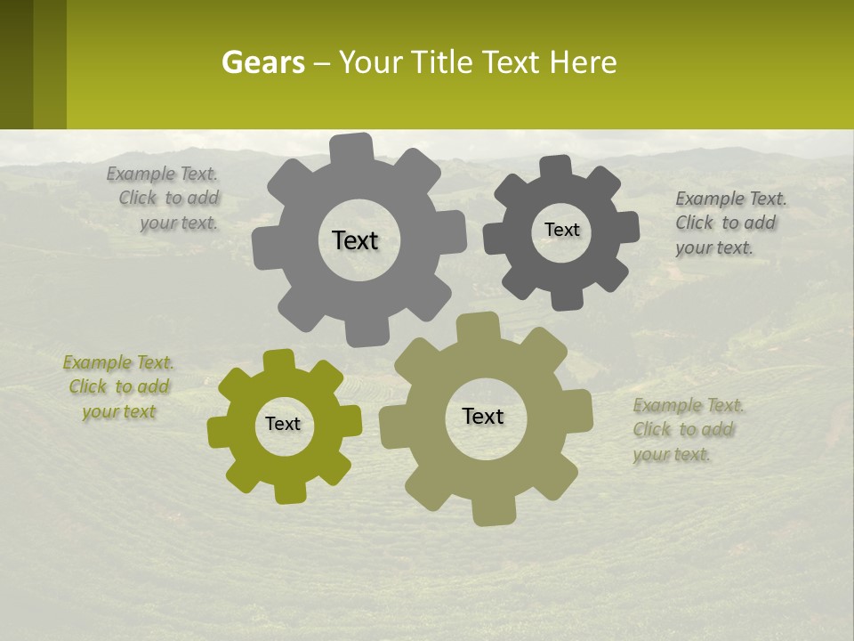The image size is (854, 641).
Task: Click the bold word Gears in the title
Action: tap(262, 63)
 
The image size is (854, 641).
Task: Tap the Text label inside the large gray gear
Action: tap(355, 240)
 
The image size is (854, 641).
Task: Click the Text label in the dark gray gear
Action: tap(561, 230)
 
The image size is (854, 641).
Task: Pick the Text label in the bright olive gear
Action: tap(283, 424)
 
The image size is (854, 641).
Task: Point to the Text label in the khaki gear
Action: tap(483, 416)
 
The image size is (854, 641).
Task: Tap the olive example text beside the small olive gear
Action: tap(118, 387)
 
